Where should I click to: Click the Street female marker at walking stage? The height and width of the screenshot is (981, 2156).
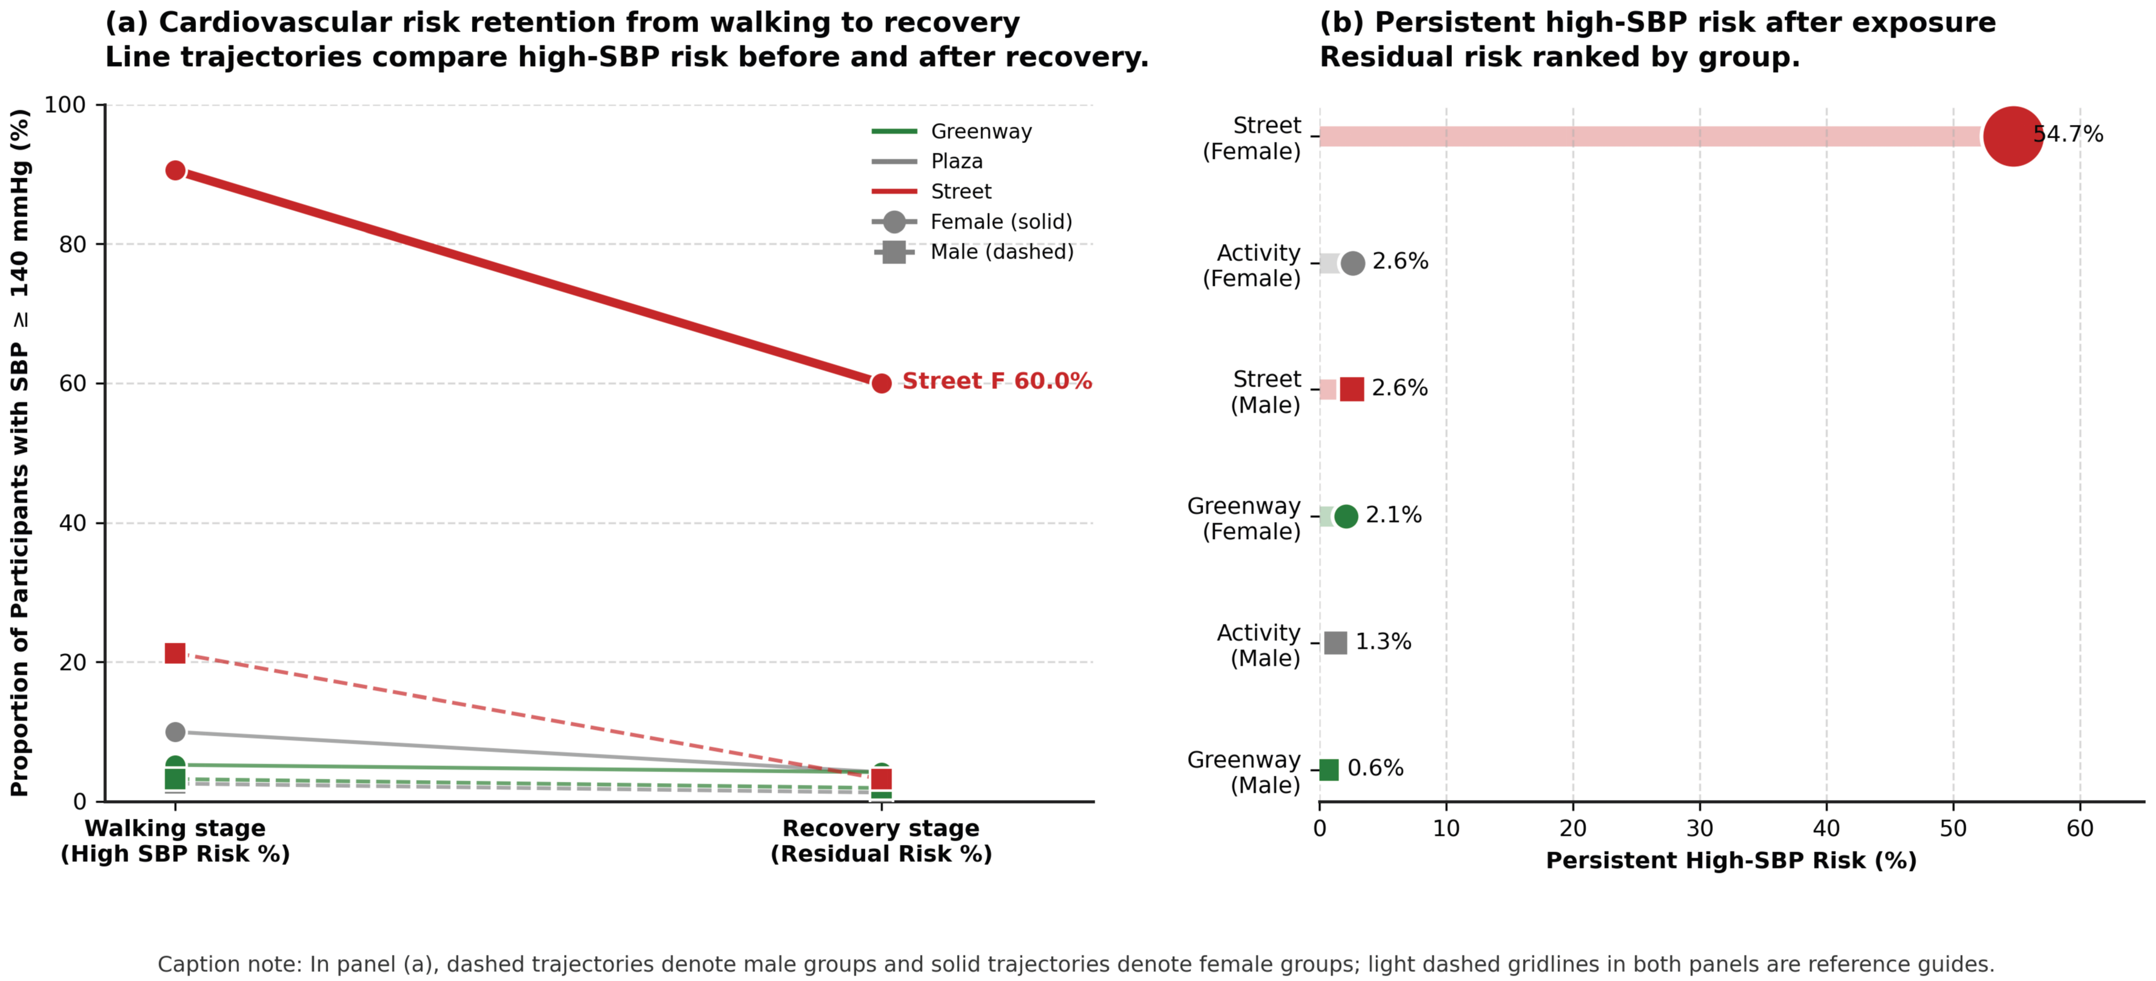[175, 171]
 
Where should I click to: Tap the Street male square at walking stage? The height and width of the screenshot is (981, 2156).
[175, 653]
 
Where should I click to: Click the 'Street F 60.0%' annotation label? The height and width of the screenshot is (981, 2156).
[997, 382]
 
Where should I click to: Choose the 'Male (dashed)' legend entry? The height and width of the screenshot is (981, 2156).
[972, 252]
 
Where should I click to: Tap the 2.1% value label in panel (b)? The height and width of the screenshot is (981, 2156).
[1394, 515]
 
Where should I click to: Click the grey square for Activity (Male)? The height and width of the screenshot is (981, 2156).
[1336, 643]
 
